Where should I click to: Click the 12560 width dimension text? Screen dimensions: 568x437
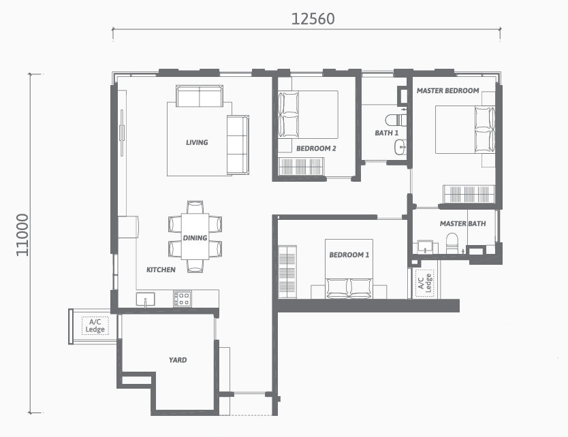[x=313, y=19]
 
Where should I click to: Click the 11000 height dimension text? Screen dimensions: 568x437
[x=22, y=235]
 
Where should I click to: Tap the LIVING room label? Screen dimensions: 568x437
[x=197, y=142]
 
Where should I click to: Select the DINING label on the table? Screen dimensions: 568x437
[x=195, y=238]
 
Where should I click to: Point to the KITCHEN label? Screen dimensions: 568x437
[x=161, y=270]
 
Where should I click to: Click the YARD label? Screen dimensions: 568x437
[x=178, y=360]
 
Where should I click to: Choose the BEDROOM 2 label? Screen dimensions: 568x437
[x=316, y=148]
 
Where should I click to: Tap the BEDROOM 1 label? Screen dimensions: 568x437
[x=349, y=255]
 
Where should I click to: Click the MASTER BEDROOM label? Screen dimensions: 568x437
[x=447, y=91]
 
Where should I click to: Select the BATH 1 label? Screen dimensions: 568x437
[x=387, y=133]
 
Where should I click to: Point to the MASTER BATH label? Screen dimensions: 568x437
[x=463, y=224]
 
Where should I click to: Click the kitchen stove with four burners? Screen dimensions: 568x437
[x=183, y=299]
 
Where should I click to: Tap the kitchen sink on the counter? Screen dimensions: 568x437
[x=145, y=300]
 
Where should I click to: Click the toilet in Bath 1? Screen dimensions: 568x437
[x=396, y=119]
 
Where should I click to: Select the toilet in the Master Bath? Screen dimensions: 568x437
[x=452, y=243]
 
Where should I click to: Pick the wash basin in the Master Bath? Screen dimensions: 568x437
[x=425, y=246]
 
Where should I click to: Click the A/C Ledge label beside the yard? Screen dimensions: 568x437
[x=95, y=325]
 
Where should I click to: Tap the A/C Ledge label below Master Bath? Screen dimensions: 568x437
[x=424, y=283]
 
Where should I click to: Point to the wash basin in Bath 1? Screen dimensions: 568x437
[x=400, y=146]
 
